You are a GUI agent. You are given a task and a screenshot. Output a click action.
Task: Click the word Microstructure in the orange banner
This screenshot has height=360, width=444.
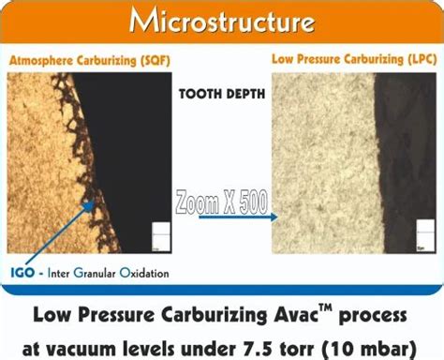click(x=222, y=22)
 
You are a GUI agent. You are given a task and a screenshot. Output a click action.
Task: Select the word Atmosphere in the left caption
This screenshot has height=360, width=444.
click(x=41, y=61)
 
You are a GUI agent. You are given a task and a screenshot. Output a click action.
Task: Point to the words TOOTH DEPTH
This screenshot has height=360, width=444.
click(x=222, y=94)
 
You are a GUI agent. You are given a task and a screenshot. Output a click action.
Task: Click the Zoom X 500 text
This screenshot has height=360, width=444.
click(x=222, y=202)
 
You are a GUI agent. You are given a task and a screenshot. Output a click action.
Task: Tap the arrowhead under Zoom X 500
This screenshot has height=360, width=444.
click(x=274, y=217)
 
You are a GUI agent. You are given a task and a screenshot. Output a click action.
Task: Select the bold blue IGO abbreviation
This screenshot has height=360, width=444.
click(x=22, y=273)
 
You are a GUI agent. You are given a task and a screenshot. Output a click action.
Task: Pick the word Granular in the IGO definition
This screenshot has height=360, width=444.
click(x=95, y=273)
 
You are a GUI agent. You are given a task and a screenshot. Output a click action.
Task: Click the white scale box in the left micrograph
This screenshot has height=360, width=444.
click(x=161, y=237)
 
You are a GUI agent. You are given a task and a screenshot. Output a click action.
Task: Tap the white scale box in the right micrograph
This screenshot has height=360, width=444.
click(x=425, y=235)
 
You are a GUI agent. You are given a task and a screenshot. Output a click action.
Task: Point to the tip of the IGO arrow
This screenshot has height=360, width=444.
click(x=95, y=201)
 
